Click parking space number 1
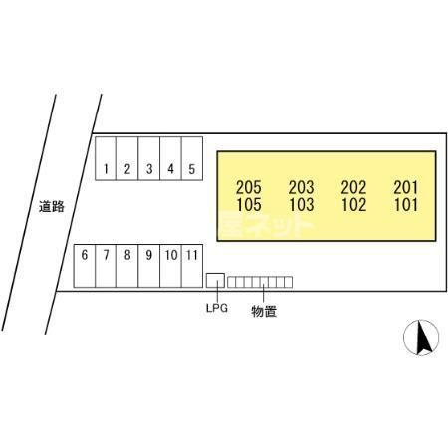[106, 158]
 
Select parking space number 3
[149, 158]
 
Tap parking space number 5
[192, 158]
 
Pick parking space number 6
[85, 266]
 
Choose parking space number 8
[127, 266]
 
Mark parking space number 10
[171, 266]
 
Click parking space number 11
[192, 266]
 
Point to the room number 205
[249, 187]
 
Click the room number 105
[249, 204]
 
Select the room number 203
[301, 187]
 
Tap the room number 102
[354, 204]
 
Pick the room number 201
[406, 187]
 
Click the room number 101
[406, 204]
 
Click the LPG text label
[217, 308]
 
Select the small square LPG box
[215, 281]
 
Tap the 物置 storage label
[264, 311]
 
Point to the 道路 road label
[52, 207]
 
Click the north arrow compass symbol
[421, 337]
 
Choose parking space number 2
[127, 158]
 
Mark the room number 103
[302, 204]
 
